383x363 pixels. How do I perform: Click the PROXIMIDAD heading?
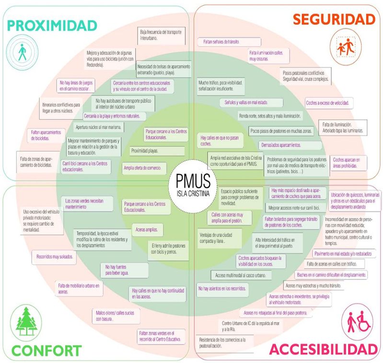click(52, 24)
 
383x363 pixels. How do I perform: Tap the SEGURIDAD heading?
click(334, 19)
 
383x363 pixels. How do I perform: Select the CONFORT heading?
click(46, 350)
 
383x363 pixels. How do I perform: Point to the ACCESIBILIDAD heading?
click(323, 349)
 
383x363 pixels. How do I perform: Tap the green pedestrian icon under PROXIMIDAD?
click(22, 52)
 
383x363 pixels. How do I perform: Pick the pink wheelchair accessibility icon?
click(358, 321)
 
